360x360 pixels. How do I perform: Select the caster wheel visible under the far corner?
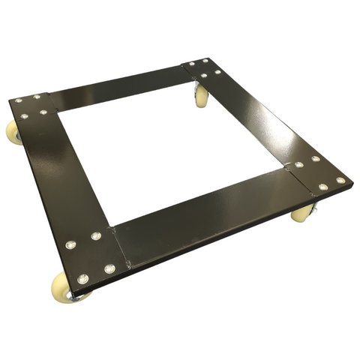point(201,96)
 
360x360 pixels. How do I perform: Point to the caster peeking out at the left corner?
point(13,133)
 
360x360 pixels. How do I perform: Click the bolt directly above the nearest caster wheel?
point(82,279)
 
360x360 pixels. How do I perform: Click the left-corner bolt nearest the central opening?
point(43,112)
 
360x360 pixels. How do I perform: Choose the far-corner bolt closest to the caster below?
point(203,75)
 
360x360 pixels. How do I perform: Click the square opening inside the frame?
point(172,150)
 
